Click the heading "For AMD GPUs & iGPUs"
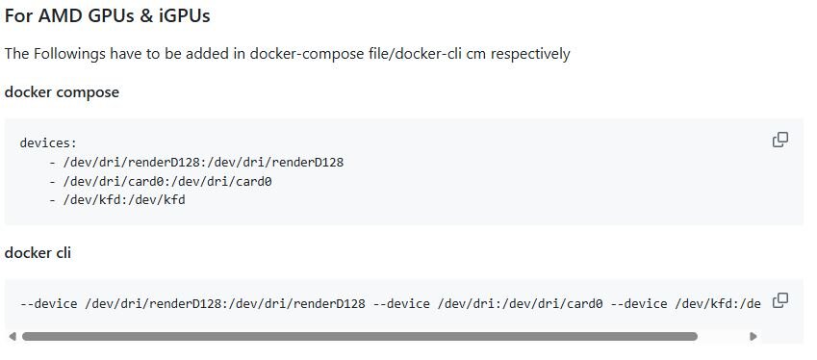coord(108,16)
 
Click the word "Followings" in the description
coord(69,54)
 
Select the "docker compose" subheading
coord(62,92)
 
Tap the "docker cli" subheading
coord(38,253)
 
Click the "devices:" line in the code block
coord(48,142)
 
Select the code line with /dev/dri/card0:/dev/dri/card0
coord(161,181)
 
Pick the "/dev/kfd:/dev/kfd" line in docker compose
coord(117,200)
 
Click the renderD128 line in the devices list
coord(196,162)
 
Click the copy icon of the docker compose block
coord(780,140)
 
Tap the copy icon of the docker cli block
coord(780,300)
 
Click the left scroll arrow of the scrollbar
coord(13,337)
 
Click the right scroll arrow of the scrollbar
coord(753,337)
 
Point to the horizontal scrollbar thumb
coord(360,337)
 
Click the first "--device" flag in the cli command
coord(48,304)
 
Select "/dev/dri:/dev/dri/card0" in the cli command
coord(520,304)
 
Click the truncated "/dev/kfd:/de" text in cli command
coord(718,304)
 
